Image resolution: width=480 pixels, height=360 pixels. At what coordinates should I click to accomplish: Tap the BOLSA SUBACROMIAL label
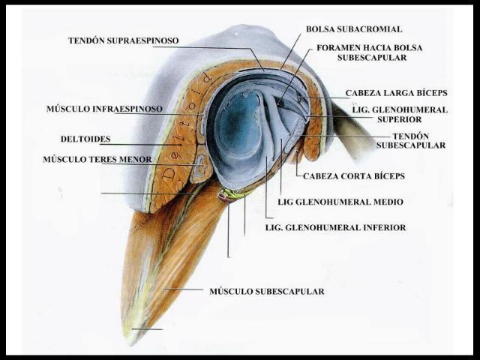click(x=354, y=29)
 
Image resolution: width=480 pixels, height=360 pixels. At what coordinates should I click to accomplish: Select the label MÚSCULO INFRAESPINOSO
click(x=104, y=109)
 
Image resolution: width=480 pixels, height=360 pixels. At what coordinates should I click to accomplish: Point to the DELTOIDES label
click(x=85, y=139)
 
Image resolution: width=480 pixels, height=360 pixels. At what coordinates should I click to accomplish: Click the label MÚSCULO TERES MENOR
click(x=97, y=159)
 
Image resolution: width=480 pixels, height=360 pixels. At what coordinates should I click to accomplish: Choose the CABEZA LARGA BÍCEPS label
click(x=396, y=93)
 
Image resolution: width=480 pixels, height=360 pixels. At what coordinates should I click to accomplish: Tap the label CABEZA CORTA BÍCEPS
click(x=354, y=175)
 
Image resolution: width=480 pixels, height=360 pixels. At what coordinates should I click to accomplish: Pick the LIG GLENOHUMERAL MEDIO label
click(x=340, y=202)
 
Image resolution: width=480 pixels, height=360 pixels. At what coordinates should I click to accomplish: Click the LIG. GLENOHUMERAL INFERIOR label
click(x=336, y=226)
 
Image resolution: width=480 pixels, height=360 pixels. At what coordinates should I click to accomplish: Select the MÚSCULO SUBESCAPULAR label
click(x=267, y=291)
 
